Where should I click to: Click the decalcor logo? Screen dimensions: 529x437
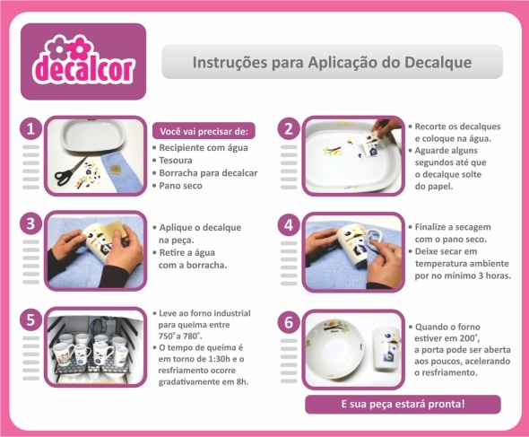[x=83, y=61]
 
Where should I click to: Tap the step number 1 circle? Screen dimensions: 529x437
[x=31, y=128]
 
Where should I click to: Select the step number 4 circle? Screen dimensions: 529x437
[x=289, y=225]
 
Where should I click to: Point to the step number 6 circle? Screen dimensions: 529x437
[x=289, y=322]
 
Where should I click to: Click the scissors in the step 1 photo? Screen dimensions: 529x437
[x=70, y=172]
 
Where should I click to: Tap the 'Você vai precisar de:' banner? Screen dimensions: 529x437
[x=204, y=131]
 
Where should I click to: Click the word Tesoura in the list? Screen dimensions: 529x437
[x=176, y=161]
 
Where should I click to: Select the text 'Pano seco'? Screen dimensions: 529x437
[x=180, y=186]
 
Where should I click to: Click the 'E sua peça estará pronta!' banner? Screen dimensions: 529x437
[x=403, y=404]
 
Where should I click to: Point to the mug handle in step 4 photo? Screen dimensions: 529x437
[x=375, y=242]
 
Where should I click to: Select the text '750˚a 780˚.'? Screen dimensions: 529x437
[x=180, y=336]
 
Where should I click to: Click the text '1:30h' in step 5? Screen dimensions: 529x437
[x=219, y=359]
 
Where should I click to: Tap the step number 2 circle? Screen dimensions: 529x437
[x=289, y=128]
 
